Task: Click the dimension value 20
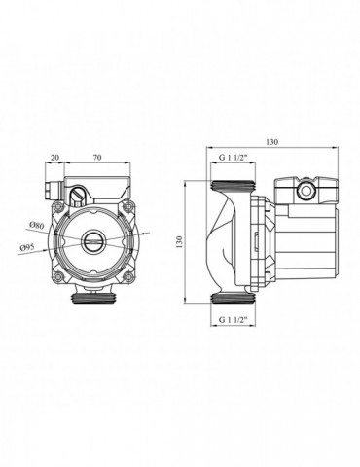coord(55,158)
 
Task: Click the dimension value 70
coord(97,158)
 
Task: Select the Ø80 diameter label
coord(37,225)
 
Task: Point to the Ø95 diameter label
coord(27,248)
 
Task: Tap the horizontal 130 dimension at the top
coord(272,142)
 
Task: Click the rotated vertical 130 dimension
coord(180,242)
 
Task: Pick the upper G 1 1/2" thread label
coord(234,158)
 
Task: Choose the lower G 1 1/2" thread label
coord(234,319)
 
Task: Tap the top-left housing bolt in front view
coord(58,205)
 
